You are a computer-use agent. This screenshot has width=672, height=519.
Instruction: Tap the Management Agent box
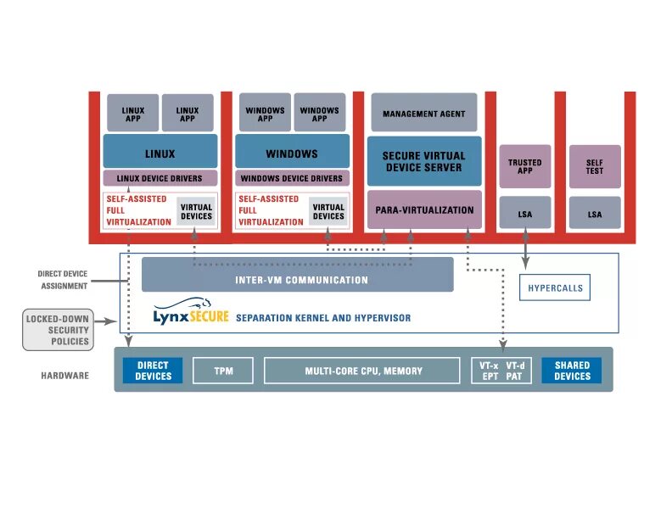point(423,113)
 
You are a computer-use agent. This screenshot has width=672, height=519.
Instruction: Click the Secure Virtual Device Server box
point(423,161)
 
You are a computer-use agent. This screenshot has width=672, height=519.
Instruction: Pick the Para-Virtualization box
point(423,209)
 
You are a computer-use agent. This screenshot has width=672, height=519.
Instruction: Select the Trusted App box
point(524,166)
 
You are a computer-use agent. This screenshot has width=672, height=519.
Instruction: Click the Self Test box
point(594,166)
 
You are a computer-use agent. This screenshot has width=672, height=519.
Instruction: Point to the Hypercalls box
point(555,287)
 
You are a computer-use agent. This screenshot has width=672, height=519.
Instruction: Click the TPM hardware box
point(223,371)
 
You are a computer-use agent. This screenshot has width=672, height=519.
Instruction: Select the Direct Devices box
point(154,371)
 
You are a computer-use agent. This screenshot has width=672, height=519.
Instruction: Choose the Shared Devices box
point(572,371)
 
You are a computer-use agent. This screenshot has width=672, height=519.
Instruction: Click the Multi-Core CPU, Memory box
point(363,371)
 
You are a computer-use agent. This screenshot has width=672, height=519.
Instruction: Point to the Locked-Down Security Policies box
point(59,330)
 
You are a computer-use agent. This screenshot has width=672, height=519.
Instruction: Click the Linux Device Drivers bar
point(160,178)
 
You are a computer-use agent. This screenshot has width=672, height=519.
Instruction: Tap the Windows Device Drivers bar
point(292,178)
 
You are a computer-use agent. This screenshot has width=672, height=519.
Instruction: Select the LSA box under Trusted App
point(524,214)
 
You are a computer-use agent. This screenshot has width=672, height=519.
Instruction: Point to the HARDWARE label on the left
point(64,375)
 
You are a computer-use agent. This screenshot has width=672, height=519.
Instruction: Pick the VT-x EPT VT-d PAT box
point(502,371)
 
